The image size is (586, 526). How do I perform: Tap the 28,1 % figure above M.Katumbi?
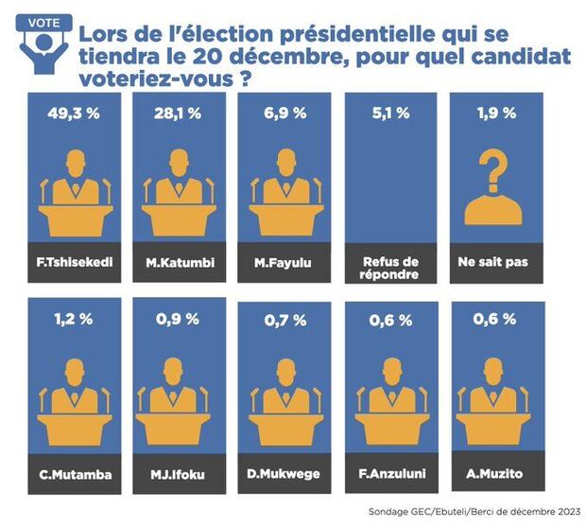click(180, 114)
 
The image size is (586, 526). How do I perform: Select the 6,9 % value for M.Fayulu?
click(284, 114)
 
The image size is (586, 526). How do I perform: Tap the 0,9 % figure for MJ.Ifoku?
click(180, 319)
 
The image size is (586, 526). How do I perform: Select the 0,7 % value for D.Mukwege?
click(284, 319)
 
